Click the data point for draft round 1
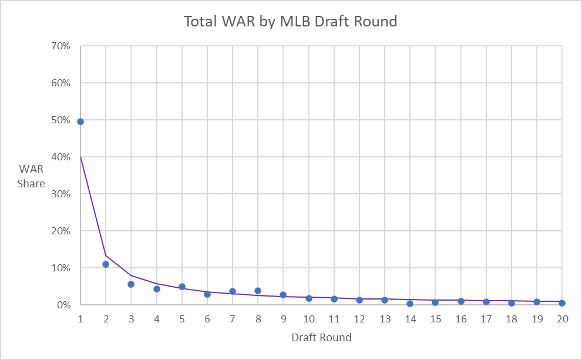[80, 122]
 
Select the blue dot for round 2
[106, 264]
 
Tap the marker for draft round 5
[182, 287]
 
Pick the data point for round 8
[258, 291]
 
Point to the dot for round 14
[410, 304]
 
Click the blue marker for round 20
[562, 303]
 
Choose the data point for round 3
[131, 284]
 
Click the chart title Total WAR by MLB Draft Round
[291, 22]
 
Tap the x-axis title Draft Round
[321, 338]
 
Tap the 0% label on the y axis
[63, 305]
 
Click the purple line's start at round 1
[80, 156]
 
